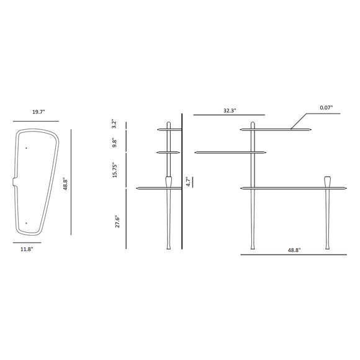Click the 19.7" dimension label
38,112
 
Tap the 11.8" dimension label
27,249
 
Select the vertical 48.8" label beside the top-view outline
65,184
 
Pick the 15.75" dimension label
115,170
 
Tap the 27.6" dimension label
117,222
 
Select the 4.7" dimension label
188,181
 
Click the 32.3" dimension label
230,110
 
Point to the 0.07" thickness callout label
326,107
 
